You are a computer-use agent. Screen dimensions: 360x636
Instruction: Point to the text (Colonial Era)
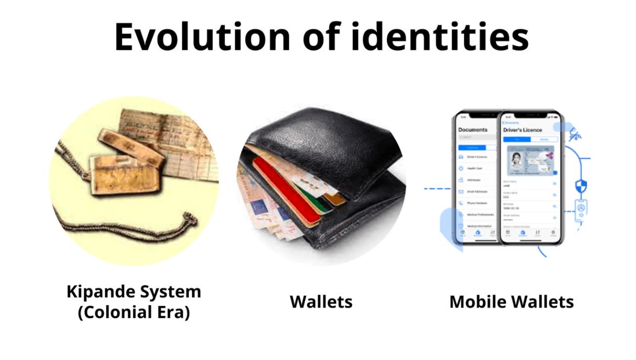click(134, 313)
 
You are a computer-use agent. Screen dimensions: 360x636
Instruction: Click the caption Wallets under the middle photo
click(321, 302)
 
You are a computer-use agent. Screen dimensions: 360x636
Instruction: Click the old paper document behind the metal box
click(180, 137)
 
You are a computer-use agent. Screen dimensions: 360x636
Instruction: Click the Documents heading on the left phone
click(473, 129)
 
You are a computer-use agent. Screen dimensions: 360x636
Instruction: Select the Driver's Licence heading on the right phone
click(523, 129)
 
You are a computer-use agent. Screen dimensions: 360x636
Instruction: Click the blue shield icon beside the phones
click(581, 186)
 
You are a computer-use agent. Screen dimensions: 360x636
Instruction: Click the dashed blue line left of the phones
click(437, 189)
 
